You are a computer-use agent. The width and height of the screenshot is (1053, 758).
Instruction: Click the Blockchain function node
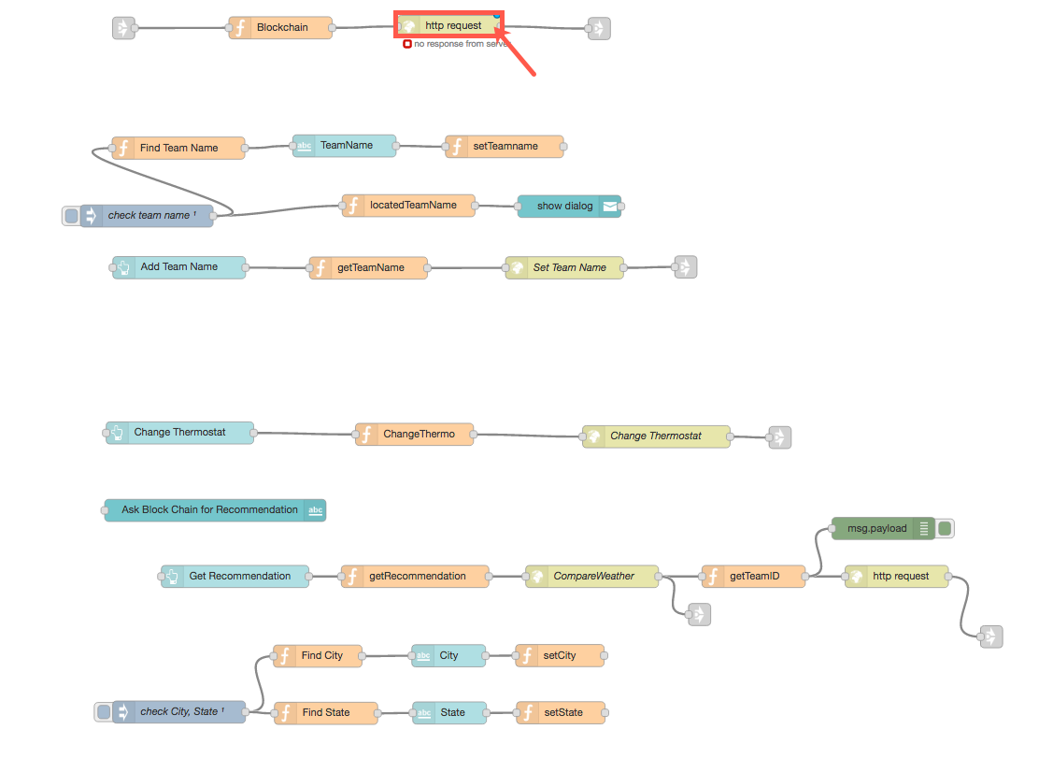click(x=281, y=28)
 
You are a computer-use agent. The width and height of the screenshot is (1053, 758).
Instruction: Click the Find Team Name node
click(x=178, y=148)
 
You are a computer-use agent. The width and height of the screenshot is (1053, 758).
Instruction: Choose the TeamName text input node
click(x=346, y=146)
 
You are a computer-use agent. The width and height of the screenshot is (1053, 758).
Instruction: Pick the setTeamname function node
click(x=505, y=147)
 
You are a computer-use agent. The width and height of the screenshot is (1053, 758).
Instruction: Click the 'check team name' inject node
click(x=148, y=216)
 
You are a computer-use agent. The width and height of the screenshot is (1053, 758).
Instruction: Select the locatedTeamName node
click(x=408, y=206)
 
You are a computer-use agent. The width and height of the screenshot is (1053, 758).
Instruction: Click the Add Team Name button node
click(x=178, y=267)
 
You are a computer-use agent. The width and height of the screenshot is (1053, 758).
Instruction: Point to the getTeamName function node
click(x=369, y=268)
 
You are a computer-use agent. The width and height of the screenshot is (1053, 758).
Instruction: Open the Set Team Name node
click(x=564, y=268)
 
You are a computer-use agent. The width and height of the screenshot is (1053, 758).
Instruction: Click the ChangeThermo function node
click(x=414, y=435)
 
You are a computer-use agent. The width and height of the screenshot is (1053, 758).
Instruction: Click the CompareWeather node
click(x=592, y=577)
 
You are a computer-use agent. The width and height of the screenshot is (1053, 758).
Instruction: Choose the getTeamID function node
click(x=753, y=577)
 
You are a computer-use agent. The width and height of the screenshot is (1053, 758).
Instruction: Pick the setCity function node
click(x=560, y=656)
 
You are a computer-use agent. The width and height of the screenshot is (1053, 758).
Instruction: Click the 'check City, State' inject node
click(x=178, y=712)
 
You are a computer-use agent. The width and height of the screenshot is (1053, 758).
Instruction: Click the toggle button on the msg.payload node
click(x=946, y=529)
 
